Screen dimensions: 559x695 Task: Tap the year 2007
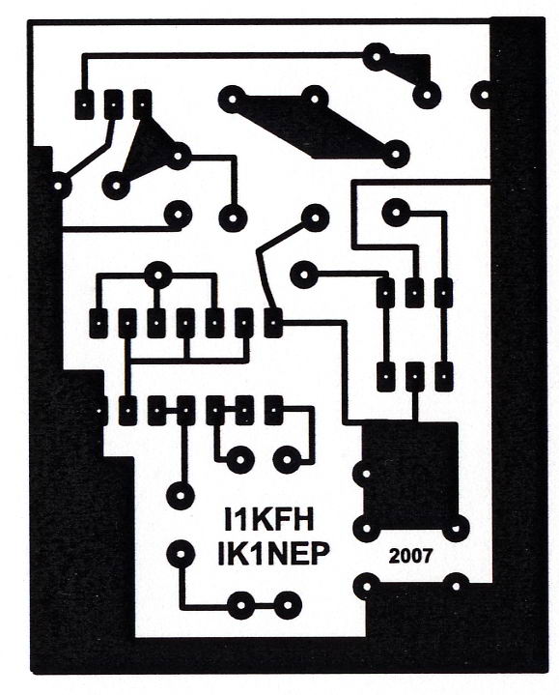tap(410, 556)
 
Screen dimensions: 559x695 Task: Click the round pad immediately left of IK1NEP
tap(181, 554)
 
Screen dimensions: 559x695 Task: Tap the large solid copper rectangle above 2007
tap(410, 475)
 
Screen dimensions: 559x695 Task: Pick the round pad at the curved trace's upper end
tap(315, 217)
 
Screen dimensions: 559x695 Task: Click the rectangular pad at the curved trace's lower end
tap(273, 322)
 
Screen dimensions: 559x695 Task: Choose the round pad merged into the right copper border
tap(485, 95)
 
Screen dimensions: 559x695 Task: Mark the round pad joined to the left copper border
tap(59, 186)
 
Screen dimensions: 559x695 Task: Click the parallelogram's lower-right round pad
tap(396, 154)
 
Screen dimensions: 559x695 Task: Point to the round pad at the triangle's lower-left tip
tap(117, 186)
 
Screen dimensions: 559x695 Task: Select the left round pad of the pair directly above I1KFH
tap(239, 459)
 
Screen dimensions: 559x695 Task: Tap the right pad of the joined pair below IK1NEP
tap(288, 605)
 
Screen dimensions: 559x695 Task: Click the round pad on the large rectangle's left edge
tap(366, 474)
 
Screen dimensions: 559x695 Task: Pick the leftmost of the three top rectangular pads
tap(84, 104)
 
